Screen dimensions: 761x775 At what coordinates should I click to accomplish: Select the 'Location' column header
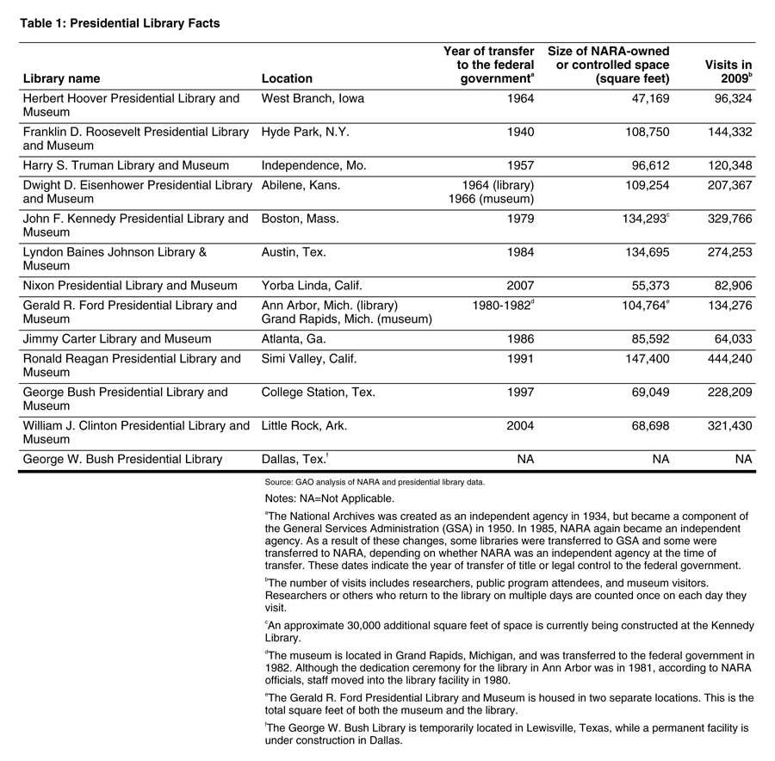pos(287,78)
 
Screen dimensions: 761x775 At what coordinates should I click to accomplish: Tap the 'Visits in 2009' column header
pos(728,71)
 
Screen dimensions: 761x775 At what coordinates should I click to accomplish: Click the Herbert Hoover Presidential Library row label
pos(131,105)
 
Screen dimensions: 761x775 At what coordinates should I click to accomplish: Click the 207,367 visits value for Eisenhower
pos(728,185)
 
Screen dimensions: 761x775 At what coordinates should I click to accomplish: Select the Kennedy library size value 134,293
pos(638,219)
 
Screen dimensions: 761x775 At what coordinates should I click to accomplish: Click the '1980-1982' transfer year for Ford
pos(502,305)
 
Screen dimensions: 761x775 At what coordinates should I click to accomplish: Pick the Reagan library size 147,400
pos(642,358)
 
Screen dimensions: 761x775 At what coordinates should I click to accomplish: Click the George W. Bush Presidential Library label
pos(122,459)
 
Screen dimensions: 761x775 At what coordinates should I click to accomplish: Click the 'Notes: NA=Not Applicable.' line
pos(330,498)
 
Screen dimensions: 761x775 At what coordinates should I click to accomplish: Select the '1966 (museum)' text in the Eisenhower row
pos(491,199)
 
